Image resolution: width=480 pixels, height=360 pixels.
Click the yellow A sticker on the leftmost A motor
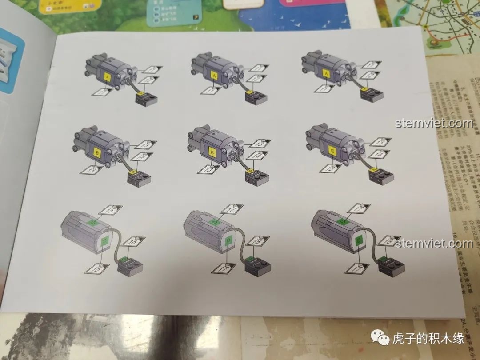pos(107,76)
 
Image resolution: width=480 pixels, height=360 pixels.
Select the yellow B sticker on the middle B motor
pos(213,152)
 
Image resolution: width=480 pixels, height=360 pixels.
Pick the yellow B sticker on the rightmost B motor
pos(332,151)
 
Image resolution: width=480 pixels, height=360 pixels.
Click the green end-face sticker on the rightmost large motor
pos(359,241)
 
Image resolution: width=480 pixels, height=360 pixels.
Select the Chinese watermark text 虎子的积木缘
pos(428,339)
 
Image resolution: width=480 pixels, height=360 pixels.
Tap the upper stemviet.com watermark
pos(433,123)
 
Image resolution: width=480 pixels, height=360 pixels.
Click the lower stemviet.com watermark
pos(433,244)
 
